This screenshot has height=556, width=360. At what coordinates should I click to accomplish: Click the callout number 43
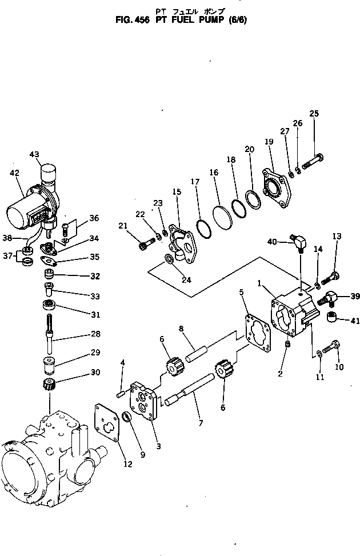34,154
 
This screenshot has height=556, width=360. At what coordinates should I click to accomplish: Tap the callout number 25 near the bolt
314,113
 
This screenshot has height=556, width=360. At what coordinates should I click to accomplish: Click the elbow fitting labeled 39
330,297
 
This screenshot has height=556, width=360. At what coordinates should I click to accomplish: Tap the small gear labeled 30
49,386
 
